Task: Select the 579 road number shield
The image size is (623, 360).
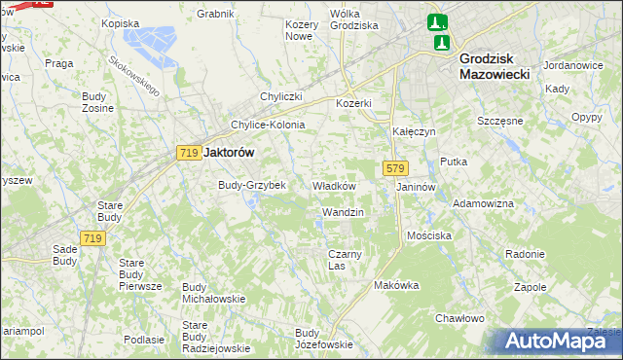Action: (x=394, y=168)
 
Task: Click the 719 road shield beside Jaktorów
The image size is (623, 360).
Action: (x=189, y=153)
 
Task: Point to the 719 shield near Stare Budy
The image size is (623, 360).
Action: (x=93, y=238)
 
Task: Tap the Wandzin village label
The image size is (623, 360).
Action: (x=343, y=211)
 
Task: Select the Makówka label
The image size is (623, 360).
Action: (x=396, y=285)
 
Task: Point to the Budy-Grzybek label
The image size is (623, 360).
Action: (x=251, y=184)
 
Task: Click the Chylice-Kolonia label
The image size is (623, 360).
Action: (x=268, y=125)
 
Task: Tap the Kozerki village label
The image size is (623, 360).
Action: (x=354, y=103)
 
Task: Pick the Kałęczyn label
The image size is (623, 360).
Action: (x=413, y=130)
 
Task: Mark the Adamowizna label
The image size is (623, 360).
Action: (x=484, y=203)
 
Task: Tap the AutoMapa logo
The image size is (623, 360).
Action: (x=558, y=341)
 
